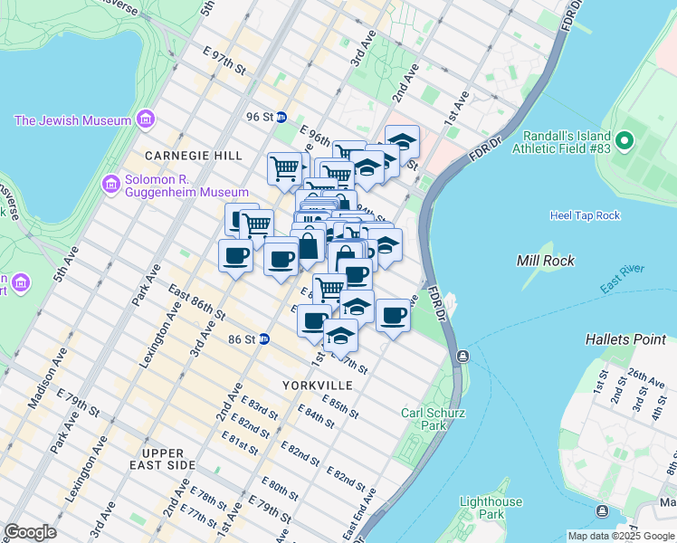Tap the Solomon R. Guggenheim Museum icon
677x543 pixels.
click(x=111, y=184)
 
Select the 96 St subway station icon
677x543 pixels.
click(x=281, y=117)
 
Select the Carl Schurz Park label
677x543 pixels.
click(x=424, y=419)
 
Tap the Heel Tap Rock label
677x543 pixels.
click(x=585, y=215)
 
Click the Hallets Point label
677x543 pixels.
click(x=625, y=339)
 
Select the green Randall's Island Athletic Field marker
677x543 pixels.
click(x=624, y=141)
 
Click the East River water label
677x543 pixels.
click(x=620, y=280)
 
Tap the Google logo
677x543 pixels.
click(x=31, y=532)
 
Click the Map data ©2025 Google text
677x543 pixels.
click(x=621, y=536)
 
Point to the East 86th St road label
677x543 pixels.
click(x=197, y=301)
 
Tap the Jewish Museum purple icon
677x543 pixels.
click(x=145, y=119)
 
